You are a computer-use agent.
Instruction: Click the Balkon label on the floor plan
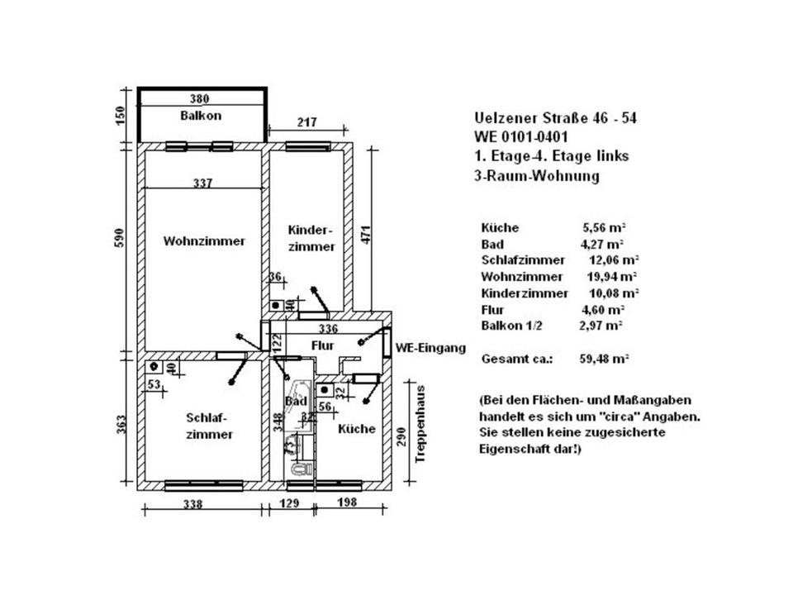click(x=201, y=116)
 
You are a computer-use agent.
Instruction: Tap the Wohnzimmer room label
click(x=204, y=242)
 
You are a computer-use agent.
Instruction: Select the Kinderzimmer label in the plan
click(x=311, y=238)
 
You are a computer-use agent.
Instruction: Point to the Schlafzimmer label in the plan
click(x=209, y=426)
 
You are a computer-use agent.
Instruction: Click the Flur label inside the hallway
click(x=322, y=344)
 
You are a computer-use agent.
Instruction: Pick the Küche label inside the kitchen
click(x=357, y=429)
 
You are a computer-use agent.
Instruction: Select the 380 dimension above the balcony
click(x=201, y=98)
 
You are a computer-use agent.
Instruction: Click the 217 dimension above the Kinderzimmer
click(x=306, y=123)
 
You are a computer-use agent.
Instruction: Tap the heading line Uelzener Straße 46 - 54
click(x=555, y=118)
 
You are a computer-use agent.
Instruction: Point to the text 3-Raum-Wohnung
click(x=536, y=175)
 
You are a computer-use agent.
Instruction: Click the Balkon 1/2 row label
click(x=511, y=326)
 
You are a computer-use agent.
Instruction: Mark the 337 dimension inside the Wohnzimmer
click(x=202, y=184)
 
